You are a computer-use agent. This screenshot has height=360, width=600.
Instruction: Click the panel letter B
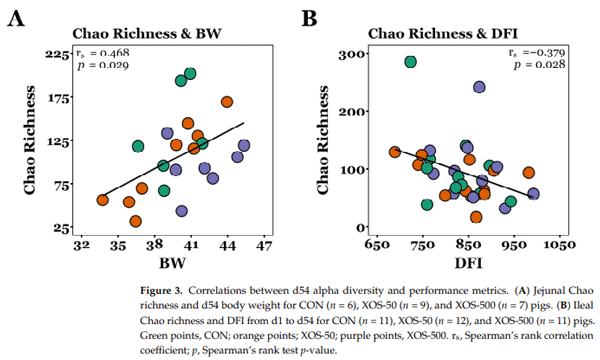point(309,18)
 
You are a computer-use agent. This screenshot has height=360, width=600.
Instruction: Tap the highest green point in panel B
point(410,62)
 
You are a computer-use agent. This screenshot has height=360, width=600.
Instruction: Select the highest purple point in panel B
point(479,88)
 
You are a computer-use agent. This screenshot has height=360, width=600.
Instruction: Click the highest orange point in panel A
point(227,102)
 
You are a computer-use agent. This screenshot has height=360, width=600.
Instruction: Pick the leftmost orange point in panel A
point(103,200)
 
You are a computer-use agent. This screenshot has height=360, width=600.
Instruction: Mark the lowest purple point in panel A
point(181,211)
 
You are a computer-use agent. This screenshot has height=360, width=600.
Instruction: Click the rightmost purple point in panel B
point(533,194)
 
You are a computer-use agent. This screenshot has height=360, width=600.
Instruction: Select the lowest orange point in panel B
point(476,205)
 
